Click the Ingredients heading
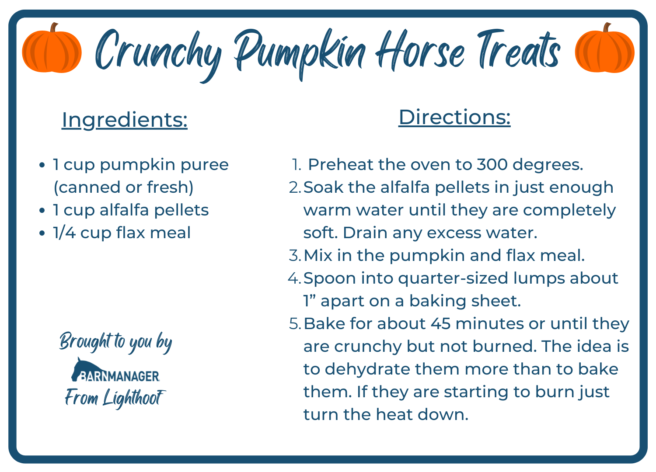tap(125, 119)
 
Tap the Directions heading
tap(454, 117)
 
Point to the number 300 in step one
tap(492, 165)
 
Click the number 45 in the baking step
tap(440, 324)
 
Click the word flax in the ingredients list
tap(131, 233)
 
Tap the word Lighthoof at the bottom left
tap(134, 398)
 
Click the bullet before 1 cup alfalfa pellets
tap(42, 211)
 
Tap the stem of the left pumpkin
tap(53, 28)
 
